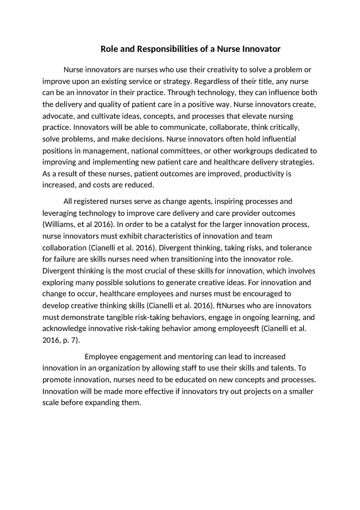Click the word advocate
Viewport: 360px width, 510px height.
(x=58, y=116)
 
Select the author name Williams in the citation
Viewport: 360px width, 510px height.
(x=59, y=225)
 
